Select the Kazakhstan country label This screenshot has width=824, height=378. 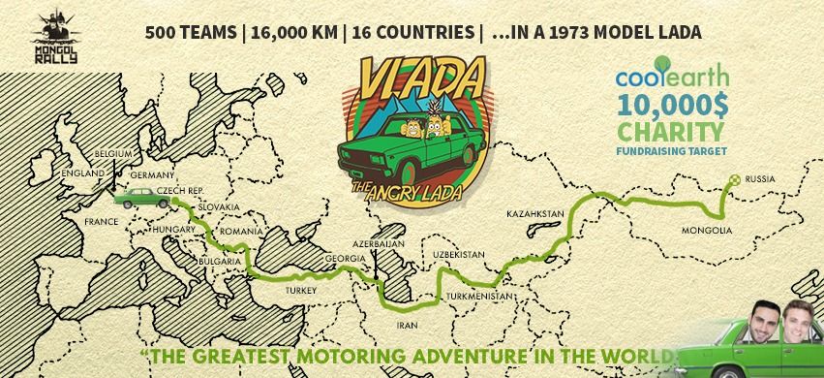(x=535, y=212)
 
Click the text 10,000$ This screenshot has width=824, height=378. (x=674, y=104)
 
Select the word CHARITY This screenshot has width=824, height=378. (x=674, y=129)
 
